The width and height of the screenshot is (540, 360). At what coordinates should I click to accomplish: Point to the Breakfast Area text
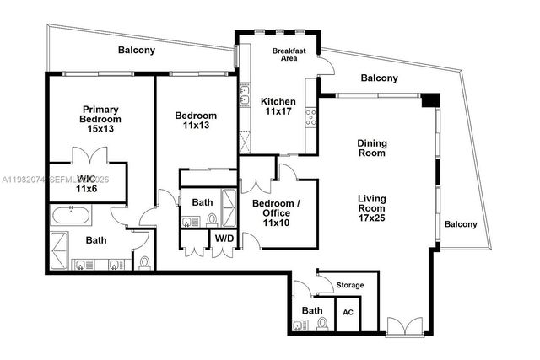click(289, 55)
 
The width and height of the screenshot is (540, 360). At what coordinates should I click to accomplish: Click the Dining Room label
click(371, 148)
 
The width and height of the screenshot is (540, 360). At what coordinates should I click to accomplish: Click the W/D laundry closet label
click(224, 239)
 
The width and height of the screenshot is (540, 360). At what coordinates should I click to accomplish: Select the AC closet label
click(348, 313)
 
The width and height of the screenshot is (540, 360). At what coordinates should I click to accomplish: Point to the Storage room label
click(350, 285)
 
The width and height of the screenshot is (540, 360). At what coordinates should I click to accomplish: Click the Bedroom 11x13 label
click(196, 120)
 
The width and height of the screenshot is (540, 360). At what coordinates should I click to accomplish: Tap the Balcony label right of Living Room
click(461, 224)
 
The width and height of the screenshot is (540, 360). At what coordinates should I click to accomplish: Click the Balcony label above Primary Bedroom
click(136, 51)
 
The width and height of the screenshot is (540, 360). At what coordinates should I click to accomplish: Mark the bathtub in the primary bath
click(70, 215)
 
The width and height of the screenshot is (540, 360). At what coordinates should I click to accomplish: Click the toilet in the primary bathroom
click(144, 263)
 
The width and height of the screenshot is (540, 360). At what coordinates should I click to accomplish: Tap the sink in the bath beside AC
click(299, 325)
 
